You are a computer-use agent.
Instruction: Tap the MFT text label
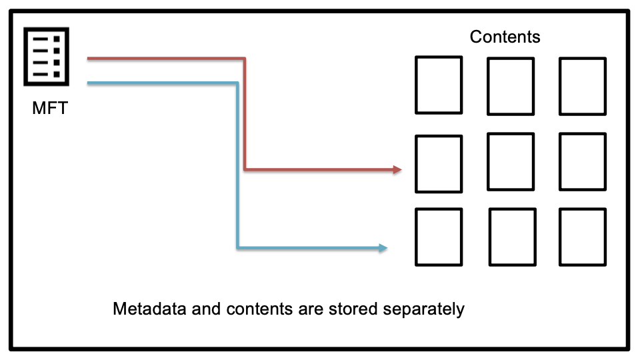tap(50, 108)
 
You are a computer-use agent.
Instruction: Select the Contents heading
tap(505, 37)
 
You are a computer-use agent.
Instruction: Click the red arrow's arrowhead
tap(397, 169)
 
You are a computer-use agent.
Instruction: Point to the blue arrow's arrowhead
tap(383, 248)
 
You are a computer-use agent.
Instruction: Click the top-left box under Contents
tap(439, 85)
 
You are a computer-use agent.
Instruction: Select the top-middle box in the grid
tap(511, 86)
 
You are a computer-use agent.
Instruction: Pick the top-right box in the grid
tap(582, 86)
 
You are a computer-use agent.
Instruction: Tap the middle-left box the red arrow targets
tap(439, 163)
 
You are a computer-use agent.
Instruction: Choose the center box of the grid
tap(511, 162)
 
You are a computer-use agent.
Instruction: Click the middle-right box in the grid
tap(582, 162)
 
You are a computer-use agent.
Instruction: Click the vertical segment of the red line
tap(245, 113)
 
